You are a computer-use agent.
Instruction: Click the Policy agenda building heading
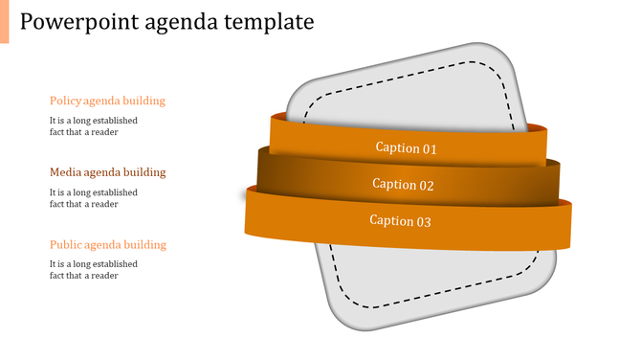coord(107,101)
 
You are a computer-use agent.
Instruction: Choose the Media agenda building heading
coord(107,172)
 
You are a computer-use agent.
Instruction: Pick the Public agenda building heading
coord(107,244)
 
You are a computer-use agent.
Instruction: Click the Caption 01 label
coord(406,148)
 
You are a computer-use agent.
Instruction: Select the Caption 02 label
coord(403,185)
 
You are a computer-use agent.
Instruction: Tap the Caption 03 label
coord(401,221)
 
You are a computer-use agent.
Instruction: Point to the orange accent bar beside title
coord(4,21)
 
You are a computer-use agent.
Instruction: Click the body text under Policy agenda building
coord(94,126)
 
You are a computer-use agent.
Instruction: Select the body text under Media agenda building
coord(94,198)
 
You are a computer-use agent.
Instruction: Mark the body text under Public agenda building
coord(94,270)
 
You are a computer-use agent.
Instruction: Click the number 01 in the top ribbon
coord(431,148)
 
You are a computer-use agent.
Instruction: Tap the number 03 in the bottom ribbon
coord(424,221)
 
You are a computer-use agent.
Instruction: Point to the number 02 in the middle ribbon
coord(427,185)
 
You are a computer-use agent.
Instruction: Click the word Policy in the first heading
coord(65,101)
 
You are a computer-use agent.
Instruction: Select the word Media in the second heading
coord(65,172)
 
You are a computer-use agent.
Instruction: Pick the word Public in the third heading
coord(66,244)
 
